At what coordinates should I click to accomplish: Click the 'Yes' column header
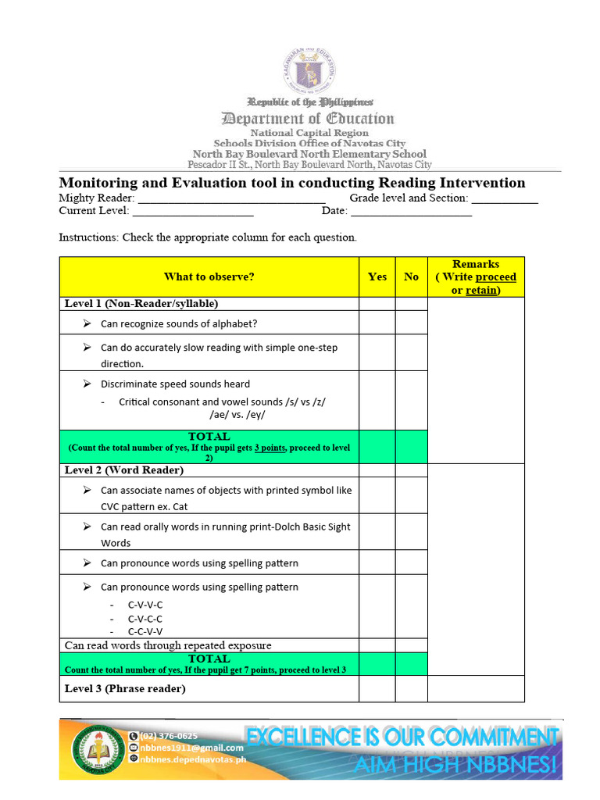(377, 277)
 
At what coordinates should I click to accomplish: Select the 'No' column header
(411, 277)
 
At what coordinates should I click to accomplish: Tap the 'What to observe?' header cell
(209, 277)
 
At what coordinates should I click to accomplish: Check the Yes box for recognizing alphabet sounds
(377, 323)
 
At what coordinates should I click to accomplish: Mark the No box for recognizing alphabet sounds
(411, 323)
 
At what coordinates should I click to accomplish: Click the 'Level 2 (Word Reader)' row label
(124, 470)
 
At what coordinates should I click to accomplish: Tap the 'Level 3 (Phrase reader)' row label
(125, 688)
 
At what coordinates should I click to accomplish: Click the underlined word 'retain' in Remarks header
(481, 290)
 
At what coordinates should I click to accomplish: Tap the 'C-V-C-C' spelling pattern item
(145, 618)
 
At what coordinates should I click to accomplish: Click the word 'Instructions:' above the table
(88, 237)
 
